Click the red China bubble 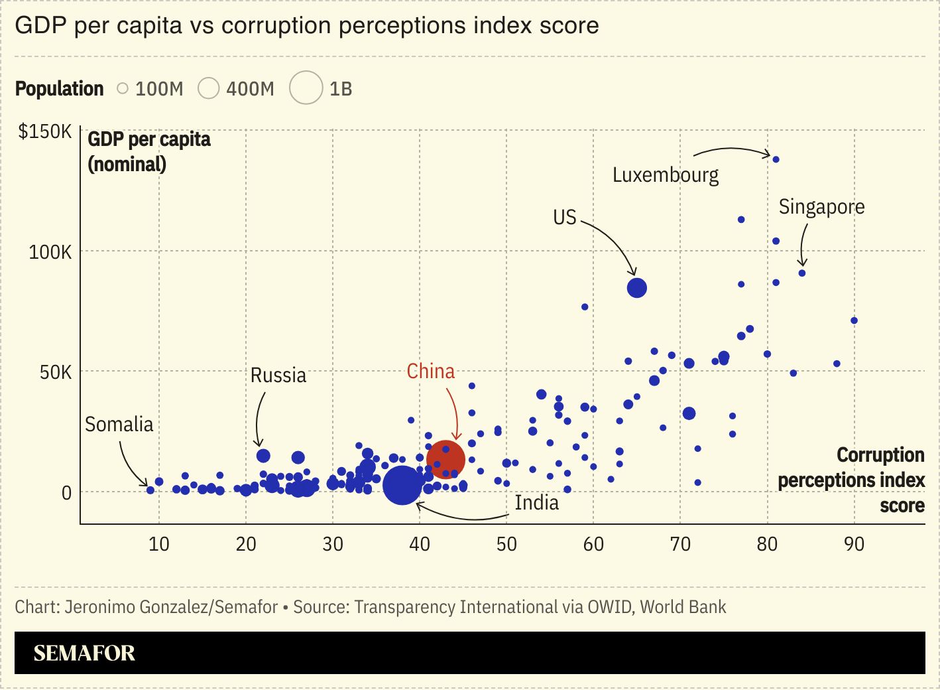[x=445, y=459]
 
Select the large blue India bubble [x=402, y=485]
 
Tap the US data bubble [x=636, y=288]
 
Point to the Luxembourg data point [x=776, y=160]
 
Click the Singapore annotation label [x=821, y=207]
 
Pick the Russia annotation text [x=278, y=376]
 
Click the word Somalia [x=119, y=425]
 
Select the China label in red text [x=431, y=372]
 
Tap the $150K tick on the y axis [x=45, y=131]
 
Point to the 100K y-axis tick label [x=50, y=252]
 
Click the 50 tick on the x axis [x=506, y=544]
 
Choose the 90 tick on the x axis [x=854, y=544]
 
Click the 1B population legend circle [x=306, y=88]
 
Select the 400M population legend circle [x=209, y=88]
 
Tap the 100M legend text [x=159, y=89]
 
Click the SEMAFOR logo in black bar [x=84, y=654]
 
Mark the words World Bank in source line [x=683, y=607]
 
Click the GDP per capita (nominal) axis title [x=149, y=152]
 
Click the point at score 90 [x=854, y=321]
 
